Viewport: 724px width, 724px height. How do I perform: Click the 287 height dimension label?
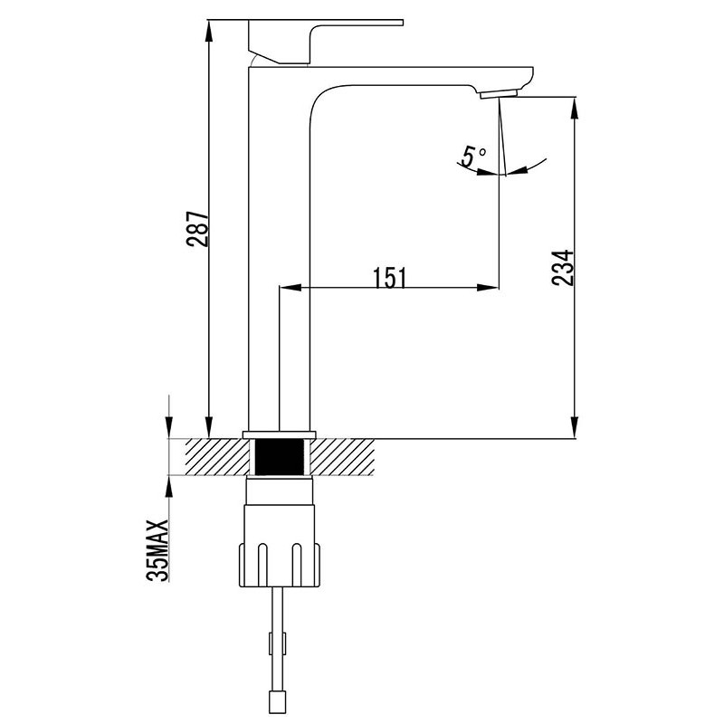coord(197,230)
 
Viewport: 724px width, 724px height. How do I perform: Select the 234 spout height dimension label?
coord(562,268)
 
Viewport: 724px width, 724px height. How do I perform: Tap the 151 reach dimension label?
coord(390,278)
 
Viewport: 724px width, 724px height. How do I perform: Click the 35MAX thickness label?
coord(157,550)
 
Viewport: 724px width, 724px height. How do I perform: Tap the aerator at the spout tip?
coord(499,93)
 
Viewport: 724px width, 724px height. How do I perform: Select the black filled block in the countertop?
coord(280,456)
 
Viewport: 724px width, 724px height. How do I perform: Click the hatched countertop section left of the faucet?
coord(218,457)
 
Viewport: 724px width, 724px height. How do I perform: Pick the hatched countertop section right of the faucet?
coord(342,457)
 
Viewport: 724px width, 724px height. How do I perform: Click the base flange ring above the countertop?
coord(280,434)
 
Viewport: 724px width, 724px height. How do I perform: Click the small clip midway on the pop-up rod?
coord(278,643)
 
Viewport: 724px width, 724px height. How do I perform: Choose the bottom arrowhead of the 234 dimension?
coord(575,426)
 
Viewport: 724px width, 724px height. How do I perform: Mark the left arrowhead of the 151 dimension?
coord(291,288)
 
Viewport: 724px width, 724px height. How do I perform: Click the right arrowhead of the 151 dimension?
coord(488,288)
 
